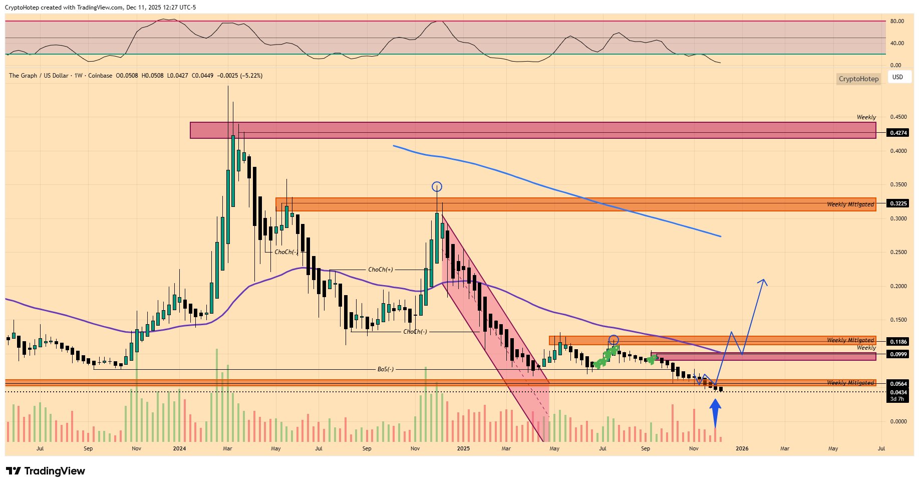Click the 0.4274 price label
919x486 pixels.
[898, 133]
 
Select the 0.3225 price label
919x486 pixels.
[898, 203]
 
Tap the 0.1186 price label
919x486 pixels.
[898, 342]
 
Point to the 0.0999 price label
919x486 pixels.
[898, 354]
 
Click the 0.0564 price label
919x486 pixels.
[898, 384]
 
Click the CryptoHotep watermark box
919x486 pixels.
[858, 79]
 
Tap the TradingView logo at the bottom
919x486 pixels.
[46, 471]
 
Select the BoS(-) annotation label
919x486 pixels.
[386, 369]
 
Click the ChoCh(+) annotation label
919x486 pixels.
[380, 270]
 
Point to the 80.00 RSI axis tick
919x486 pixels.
[897, 22]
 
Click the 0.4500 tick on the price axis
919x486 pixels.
[898, 117]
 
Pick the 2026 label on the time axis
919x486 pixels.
[742, 448]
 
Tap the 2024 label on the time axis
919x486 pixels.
[179, 448]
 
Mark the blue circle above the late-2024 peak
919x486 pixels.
[437, 187]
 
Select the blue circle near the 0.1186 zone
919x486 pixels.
[614, 340]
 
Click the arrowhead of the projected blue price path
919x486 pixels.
[763, 281]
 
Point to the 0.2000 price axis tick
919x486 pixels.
[898, 286]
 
